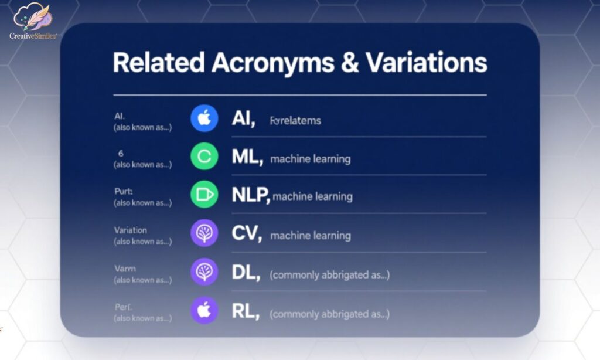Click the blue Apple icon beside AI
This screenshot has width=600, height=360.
(x=204, y=119)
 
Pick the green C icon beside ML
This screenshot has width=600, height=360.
(x=204, y=157)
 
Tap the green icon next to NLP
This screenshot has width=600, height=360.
(x=204, y=195)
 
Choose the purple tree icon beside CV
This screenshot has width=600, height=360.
(x=204, y=233)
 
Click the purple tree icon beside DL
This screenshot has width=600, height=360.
(x=204, y=272)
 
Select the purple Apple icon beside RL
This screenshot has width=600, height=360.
(x=204, y=311)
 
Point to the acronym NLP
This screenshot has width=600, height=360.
(x=250, y=195)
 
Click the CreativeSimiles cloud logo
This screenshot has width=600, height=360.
(x=32, y=20)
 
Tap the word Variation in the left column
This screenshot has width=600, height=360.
(x=130, y=230)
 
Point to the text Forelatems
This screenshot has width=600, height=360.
(x=295, y=121)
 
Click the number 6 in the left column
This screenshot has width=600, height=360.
(x=121, y=153)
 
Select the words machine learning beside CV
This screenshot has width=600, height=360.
(x=311, y=236)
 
